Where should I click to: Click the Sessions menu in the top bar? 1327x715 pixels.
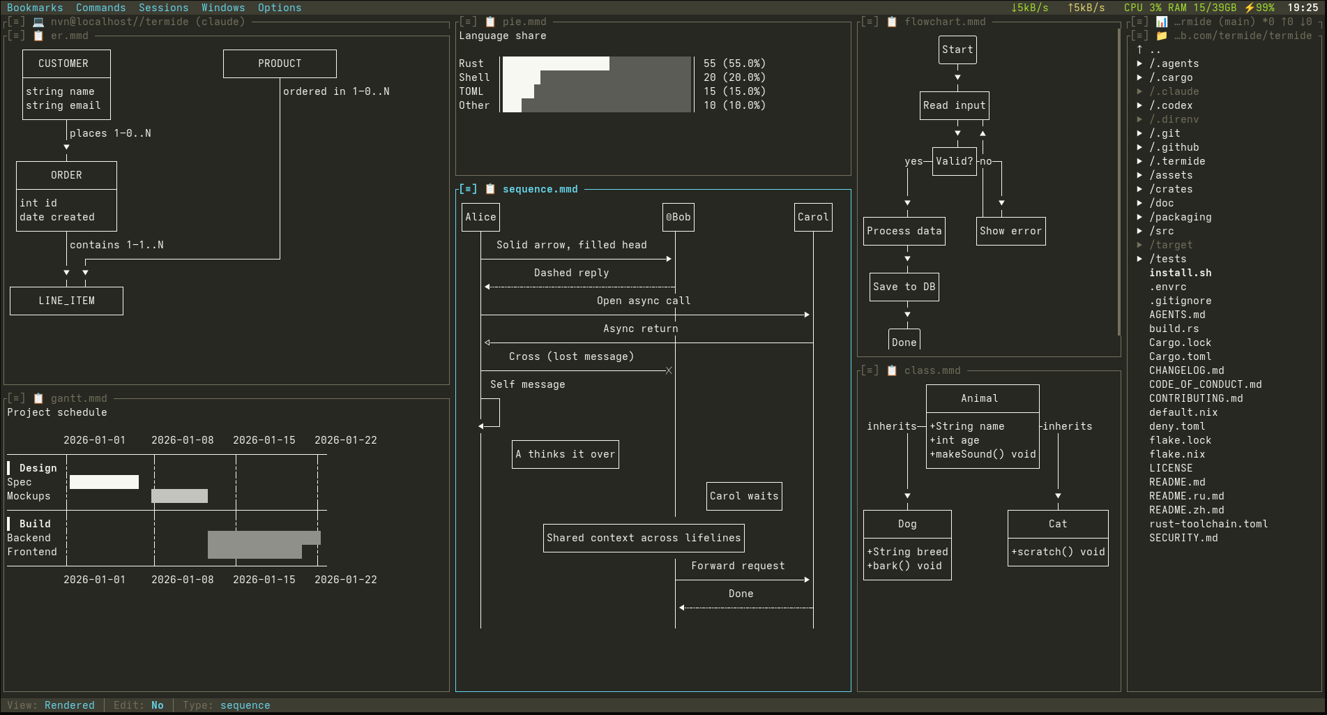163,8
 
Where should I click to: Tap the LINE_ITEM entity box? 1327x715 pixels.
66,301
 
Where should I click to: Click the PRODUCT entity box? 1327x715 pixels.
280,63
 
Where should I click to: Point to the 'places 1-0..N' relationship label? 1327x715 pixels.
110,133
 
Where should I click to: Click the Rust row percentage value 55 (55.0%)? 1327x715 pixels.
734,63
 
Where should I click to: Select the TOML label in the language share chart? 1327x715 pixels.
471,91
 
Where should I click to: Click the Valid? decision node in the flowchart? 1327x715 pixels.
954,161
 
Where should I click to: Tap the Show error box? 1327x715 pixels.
1010,231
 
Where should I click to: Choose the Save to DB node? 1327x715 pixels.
904,287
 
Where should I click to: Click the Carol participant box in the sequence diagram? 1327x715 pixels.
813,217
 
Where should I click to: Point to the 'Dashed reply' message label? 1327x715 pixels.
571,273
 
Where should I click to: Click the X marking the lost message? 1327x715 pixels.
669,370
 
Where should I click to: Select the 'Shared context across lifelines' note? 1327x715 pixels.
644,538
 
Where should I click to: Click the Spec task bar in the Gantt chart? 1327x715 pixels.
104,482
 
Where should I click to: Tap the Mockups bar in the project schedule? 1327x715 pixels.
179,496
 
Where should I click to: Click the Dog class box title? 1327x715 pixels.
907,524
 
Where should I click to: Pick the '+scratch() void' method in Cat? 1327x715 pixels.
1058,552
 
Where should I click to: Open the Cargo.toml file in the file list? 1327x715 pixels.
1180,356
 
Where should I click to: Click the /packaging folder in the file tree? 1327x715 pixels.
1180,217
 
